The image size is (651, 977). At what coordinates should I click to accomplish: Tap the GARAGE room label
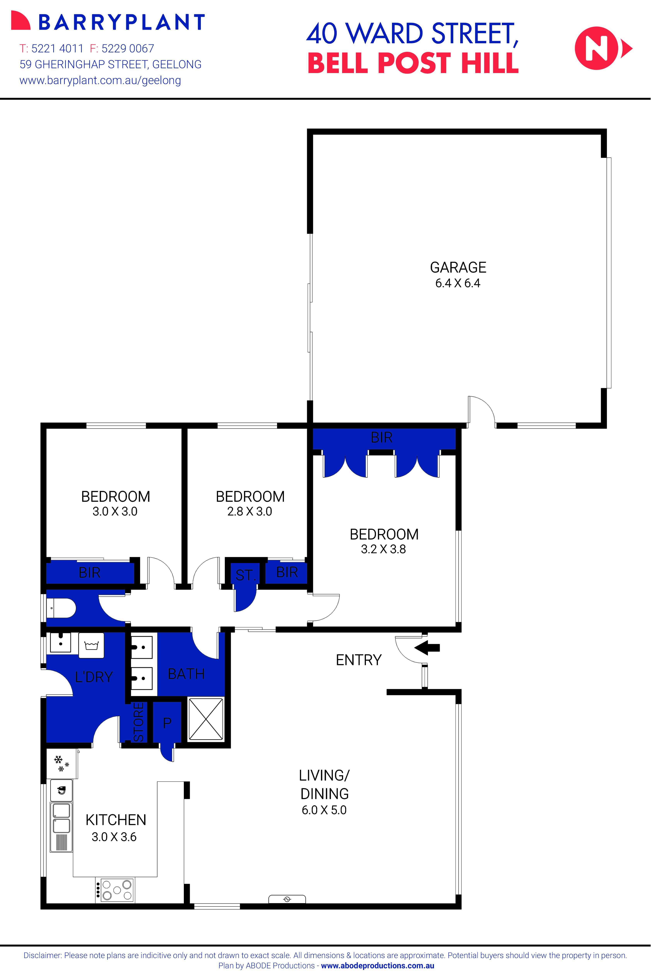coord(458,267)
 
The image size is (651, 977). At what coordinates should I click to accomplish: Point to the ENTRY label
coord(358,660)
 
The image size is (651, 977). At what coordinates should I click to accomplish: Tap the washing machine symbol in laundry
coord(91,645)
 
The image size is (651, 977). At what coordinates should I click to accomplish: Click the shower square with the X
coord(205,719)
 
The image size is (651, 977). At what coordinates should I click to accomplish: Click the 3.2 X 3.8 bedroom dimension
coord(383,549)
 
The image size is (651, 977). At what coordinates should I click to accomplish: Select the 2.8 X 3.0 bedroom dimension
coord(250,511)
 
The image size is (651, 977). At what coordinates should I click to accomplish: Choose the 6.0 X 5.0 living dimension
coord(324,810)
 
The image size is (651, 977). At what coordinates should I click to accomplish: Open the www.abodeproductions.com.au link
coord(377,965)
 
